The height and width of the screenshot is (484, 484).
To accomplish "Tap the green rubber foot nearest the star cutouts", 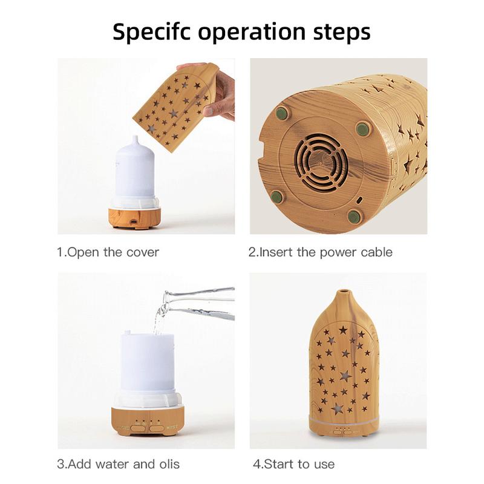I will tap(362, 128).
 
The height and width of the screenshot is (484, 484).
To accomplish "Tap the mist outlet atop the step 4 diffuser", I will tap(344, 293).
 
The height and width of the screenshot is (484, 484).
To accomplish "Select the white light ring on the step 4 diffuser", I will tap(344, 419).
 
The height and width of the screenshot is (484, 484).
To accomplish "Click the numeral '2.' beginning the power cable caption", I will tap(253, 252).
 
